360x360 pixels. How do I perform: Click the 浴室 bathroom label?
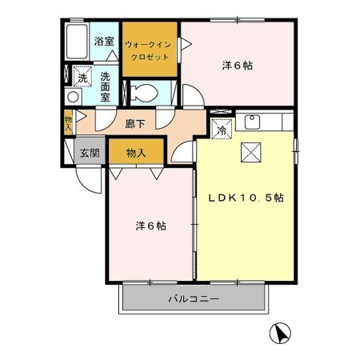pyautogui.click(x=104, y=41)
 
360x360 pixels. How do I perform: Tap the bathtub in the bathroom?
pyautogui.click(x=77, y=42)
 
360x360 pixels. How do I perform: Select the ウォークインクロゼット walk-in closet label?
pyautogui.click(x=148, y=50)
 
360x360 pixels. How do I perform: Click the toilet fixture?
pyautogui.click(x=144, y=93)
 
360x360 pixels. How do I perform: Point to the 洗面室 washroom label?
pyautogui.click(x=105, y=87)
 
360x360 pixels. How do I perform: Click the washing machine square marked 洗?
pyautogui.click(x=82, y=77)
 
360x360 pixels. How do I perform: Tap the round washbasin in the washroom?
pyautogui.click(x=73, y=97)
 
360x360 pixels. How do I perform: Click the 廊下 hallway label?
pyautogui.click(x=135, y=124)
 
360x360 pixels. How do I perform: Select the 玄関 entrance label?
pyautogui.click(x=90, y=153)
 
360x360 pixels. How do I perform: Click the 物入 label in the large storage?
pyautogui.click(x=136, y=153)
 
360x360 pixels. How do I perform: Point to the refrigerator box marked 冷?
pyautogui.click(x=222, y=129)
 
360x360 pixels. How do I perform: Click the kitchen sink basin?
pyautogui.click(x=252, y=122)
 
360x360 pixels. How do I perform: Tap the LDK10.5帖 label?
pyautogui.click(x=246, y=198)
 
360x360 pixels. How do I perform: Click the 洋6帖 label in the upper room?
pyautogui.click(x=238, y=66)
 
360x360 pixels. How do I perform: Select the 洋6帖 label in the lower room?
pyautogui.click(x=151, y=226)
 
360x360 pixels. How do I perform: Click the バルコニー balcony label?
pyautogui.click(x=194, y=298)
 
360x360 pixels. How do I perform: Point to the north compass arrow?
pyautogui.click(x=280, y=333)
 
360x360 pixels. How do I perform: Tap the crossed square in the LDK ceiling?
pyautogui.click(x=251, y=152)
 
